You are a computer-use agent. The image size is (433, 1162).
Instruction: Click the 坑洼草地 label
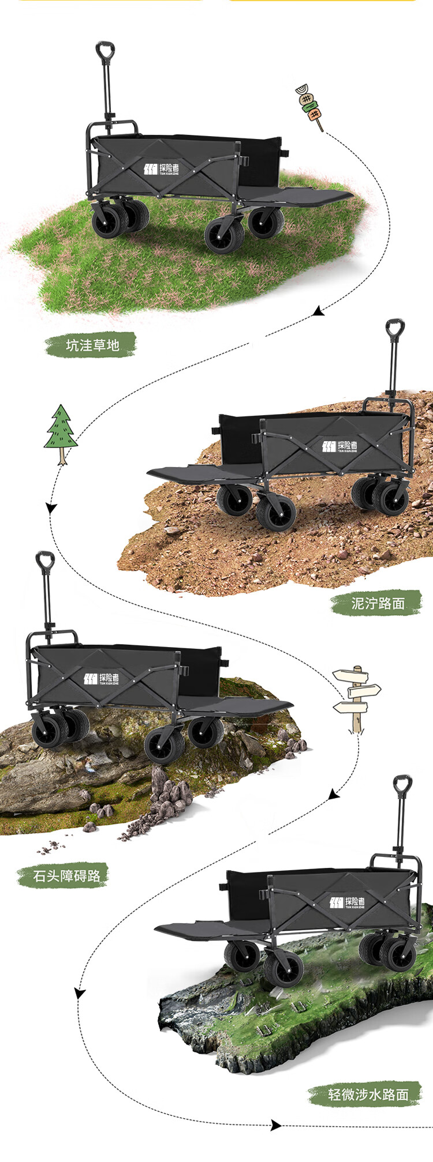(x=92, y=345)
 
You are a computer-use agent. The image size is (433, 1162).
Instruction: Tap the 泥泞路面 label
(x=378, y=603)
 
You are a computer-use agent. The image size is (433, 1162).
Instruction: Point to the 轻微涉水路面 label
(x=368, y=1094)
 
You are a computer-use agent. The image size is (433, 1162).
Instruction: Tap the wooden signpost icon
(x=357, y=698)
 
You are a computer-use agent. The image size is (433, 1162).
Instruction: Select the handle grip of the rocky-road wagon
(x=45, y=561)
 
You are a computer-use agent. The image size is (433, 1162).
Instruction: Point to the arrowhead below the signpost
(x=334, y=795)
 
